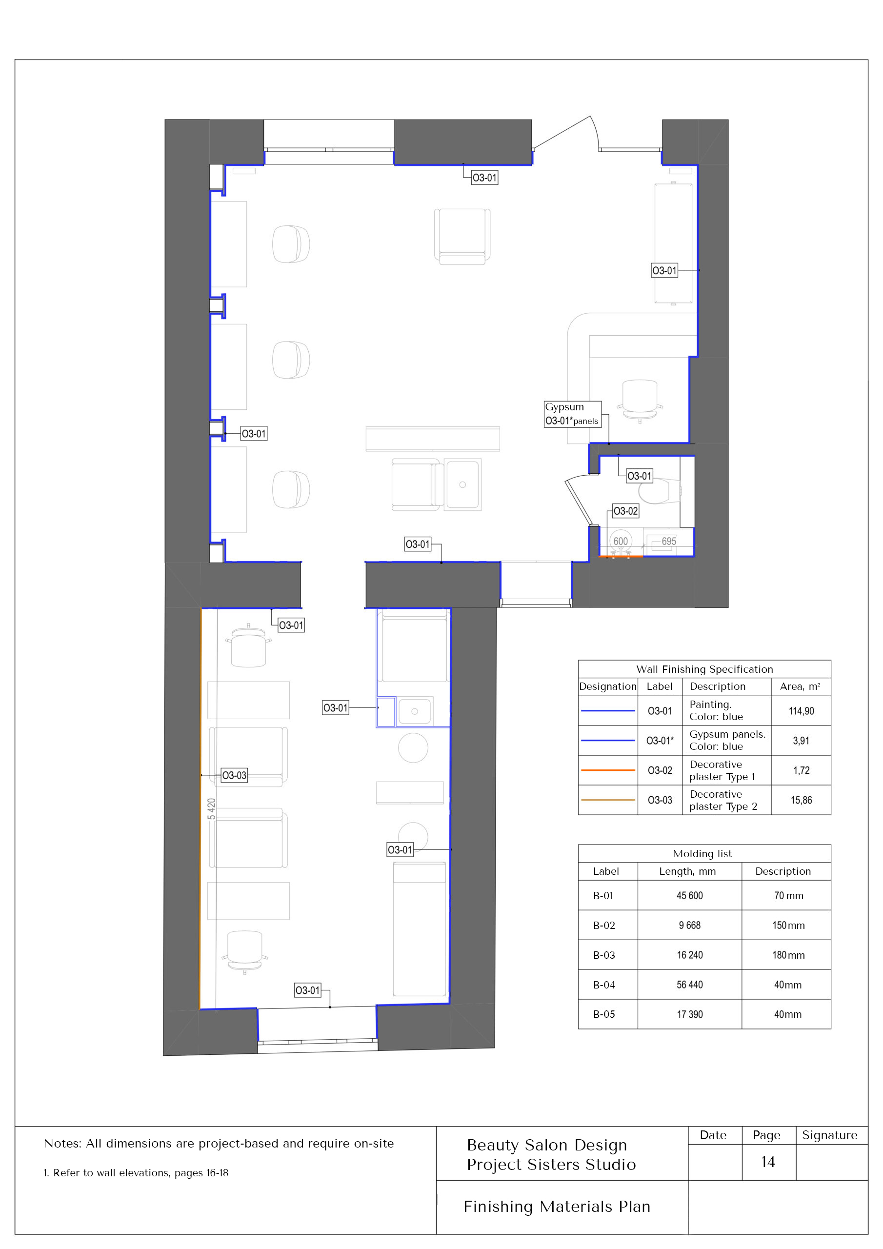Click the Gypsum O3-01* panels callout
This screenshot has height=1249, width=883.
[572, 414]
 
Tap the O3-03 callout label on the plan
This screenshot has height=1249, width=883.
[234, 775]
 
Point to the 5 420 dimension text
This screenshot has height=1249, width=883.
[212, 808]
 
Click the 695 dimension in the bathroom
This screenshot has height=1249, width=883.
[669, 541]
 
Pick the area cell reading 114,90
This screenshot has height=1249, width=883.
[801, 711]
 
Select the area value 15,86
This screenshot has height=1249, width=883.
[801, 800]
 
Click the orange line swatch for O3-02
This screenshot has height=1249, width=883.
[608, 770]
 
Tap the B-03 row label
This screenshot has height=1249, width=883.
[604, 955]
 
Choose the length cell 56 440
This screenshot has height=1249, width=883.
[689, 985]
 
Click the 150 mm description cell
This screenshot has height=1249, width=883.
[788, 926]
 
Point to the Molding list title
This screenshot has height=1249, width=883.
[702, 853]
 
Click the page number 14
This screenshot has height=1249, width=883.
[768, 1162]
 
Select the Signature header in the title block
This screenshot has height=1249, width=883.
[829, 1135]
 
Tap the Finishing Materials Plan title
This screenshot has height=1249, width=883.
[557, 1207]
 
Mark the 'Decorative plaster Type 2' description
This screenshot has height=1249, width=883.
[723, 800]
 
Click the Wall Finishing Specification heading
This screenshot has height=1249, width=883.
[704, 669]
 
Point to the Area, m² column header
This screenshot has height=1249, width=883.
[800, 686]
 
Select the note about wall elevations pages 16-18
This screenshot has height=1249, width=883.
[136, 1173]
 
